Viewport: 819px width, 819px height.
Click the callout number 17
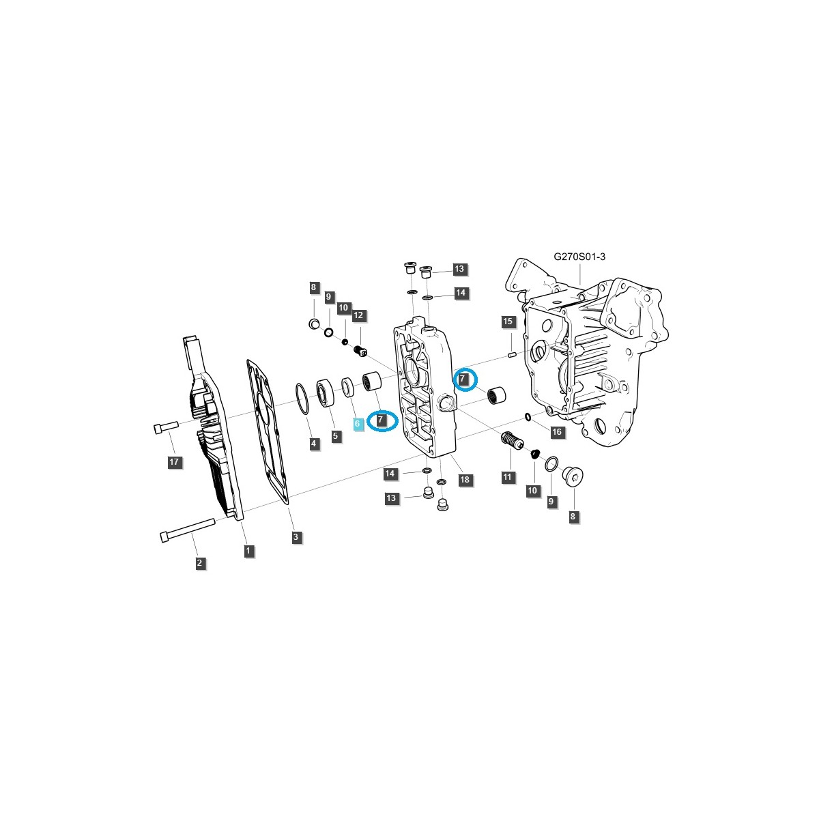coord(174,463)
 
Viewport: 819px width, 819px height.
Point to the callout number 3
coord(296,537)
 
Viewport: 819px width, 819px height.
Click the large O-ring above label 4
coord(302,399)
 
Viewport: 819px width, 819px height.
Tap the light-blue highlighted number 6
coord(357,424)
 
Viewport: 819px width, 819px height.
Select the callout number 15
coord(507,321)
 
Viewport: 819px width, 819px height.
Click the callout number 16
coord(557,432)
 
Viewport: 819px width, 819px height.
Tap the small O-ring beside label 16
coord(528,416)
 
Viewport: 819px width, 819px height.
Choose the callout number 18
coord(465,480)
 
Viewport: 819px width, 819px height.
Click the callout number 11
coord(508,477)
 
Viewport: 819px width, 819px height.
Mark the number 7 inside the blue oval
coord(382,420)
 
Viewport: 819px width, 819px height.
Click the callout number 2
coord(199,563)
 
